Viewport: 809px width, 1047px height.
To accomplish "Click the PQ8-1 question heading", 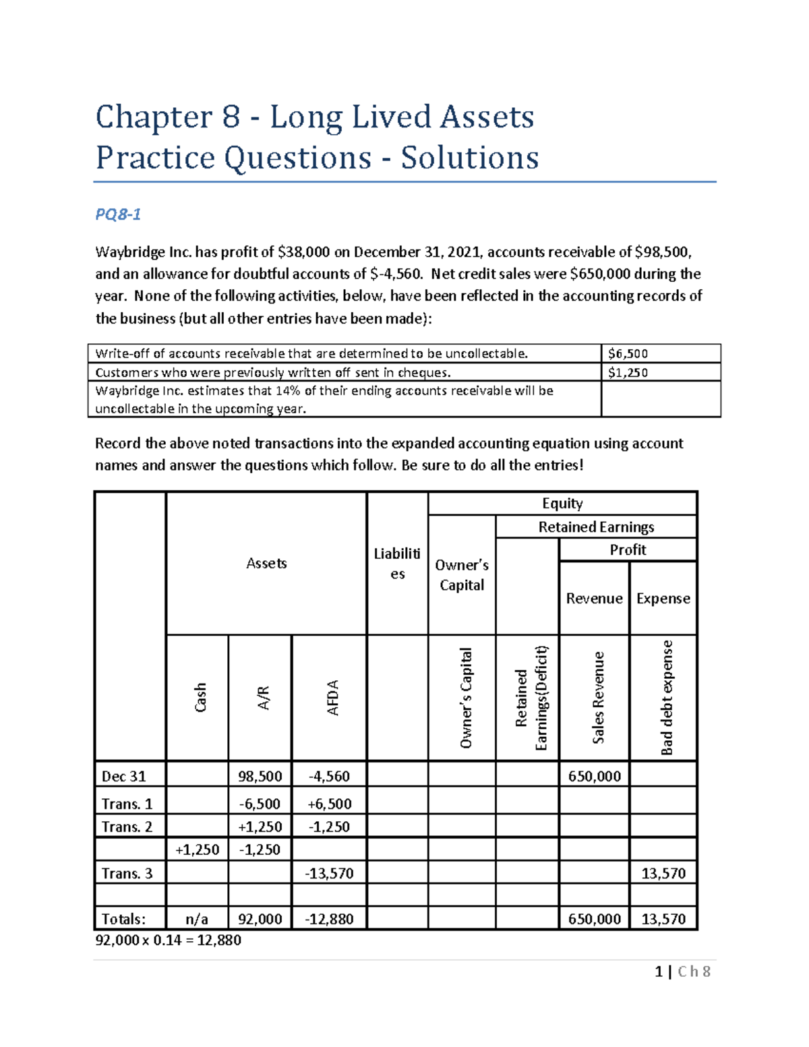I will (x=118, y=214).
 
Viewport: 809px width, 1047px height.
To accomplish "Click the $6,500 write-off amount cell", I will (x=628, y=353).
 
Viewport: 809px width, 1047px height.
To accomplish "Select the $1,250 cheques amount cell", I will (x=628, y=372).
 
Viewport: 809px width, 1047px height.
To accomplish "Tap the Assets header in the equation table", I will (x=266, y=563).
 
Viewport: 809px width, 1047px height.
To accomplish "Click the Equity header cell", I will (x=562, y=504).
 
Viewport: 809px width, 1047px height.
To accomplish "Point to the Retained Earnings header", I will (x=596, y=527).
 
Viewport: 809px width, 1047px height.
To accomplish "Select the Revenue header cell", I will (x=594, y=598).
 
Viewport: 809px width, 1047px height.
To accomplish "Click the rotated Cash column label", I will (x=200, y=697).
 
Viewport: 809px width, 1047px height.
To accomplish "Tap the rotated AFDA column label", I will (x=333, y=697).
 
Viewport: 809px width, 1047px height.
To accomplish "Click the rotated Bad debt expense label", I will (x=666, y=697).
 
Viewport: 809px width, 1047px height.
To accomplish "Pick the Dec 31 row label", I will (x=123, y=776).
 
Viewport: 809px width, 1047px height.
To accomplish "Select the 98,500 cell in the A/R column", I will (x=260, y=776).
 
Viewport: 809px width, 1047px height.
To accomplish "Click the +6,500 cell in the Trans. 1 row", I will (x=330, y=804).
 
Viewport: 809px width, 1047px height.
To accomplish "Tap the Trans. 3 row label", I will (x=127, y=873).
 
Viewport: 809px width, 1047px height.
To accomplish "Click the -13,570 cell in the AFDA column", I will (x=330, y=873).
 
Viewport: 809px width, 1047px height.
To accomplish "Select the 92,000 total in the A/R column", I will (x=260, y=919).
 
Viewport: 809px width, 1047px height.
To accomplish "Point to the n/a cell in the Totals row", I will (x=197, y=919).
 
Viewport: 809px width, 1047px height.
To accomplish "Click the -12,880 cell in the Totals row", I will (x=330, y=919).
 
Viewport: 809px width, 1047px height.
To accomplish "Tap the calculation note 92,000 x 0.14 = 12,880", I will (x=169, y=940).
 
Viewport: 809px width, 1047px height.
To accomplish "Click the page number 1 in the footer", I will (x=659, y=971).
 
